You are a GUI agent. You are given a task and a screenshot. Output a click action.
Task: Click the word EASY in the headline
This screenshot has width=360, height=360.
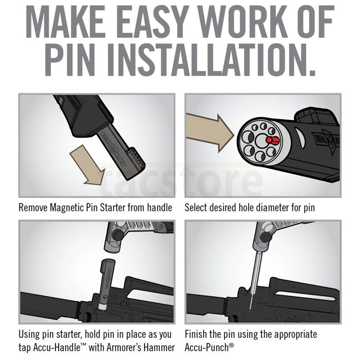153,22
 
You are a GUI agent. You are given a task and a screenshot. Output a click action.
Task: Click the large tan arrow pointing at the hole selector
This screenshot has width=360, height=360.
209,133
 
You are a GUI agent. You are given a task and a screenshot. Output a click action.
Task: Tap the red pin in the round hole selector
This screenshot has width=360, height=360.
272,140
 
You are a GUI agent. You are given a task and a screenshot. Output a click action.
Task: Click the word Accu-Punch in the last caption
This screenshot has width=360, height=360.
207,347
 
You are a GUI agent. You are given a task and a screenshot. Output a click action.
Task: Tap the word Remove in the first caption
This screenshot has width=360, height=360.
34,208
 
